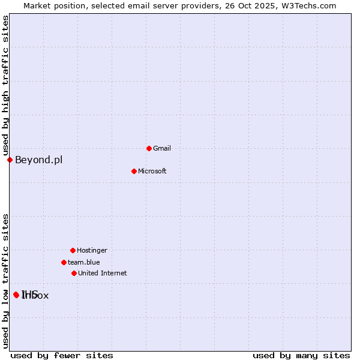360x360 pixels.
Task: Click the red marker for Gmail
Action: click(149, 148)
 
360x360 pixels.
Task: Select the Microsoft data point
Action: click(134, 171)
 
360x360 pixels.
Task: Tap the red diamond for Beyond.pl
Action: click(10, 160)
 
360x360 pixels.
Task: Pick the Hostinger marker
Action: click(73, 250)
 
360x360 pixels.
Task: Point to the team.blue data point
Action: click(64, 262)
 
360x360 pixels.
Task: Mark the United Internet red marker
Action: click(74, 273)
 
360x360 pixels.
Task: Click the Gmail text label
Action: click(162, 148)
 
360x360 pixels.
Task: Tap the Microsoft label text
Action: click(152, 171)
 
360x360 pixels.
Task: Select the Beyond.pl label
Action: click(38, 160)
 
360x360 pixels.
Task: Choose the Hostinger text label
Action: click(92, 250)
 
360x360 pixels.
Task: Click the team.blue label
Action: click(83, 262)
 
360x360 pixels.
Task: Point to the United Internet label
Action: click(102, 273)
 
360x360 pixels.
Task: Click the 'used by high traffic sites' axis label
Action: click(5, 85)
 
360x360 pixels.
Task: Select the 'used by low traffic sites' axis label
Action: click(5, 281)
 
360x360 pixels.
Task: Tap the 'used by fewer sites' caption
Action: click(62, 355)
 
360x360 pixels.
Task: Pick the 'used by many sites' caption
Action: click(301, 355)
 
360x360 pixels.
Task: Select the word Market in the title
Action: click(37, 5)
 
